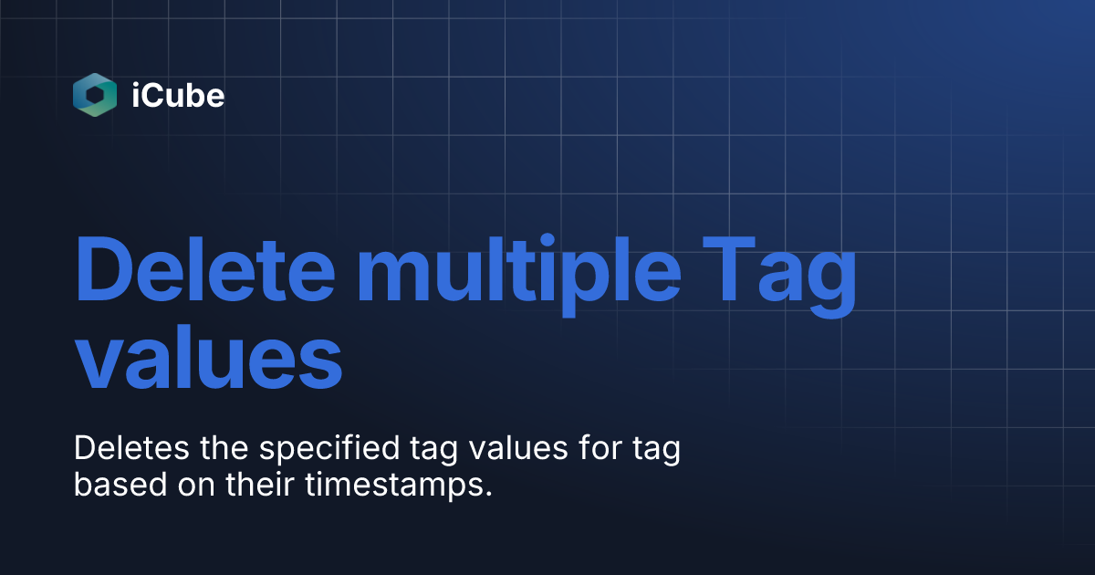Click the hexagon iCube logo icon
click(x=95, y=94)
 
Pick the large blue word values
click(x=208, y=363)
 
